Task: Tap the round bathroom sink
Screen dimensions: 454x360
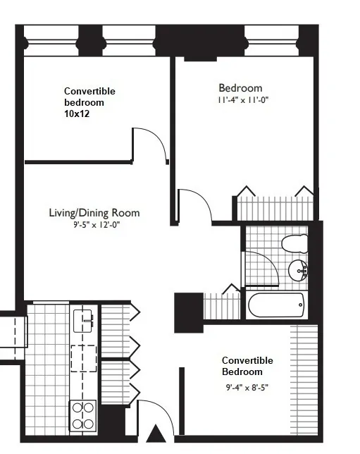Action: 298,269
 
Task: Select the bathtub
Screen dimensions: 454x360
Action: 276,305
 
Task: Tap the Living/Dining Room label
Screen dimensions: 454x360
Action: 94,213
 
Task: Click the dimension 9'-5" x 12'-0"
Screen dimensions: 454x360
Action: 94,226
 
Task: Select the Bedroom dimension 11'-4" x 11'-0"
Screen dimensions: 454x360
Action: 244,100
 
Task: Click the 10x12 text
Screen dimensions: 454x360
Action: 77,114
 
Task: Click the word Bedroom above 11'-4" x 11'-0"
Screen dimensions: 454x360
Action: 241,88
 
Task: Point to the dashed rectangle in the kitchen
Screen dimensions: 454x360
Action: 83,357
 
